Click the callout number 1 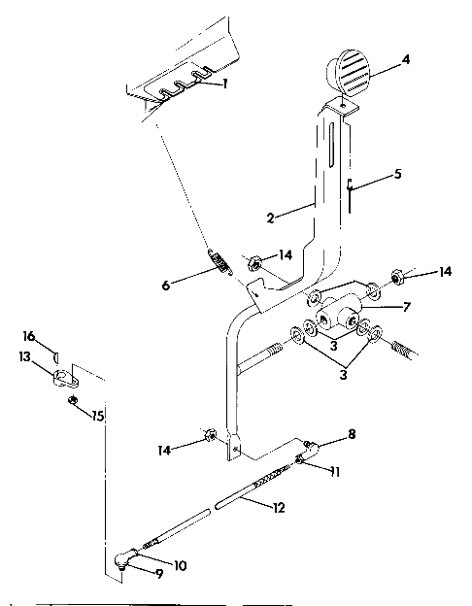click(225, 84)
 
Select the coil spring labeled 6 click(222, 262)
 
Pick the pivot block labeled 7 click(339, 314)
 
